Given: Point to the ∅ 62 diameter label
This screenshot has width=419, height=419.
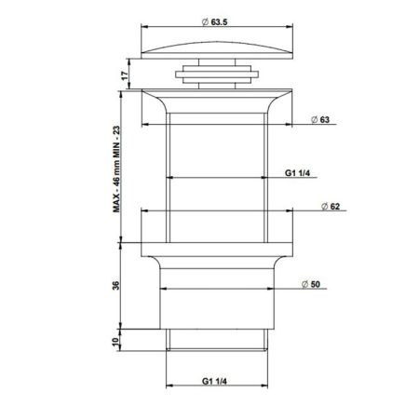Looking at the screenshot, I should [328, 206].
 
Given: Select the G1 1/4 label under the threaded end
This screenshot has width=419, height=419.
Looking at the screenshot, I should [216, 380].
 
